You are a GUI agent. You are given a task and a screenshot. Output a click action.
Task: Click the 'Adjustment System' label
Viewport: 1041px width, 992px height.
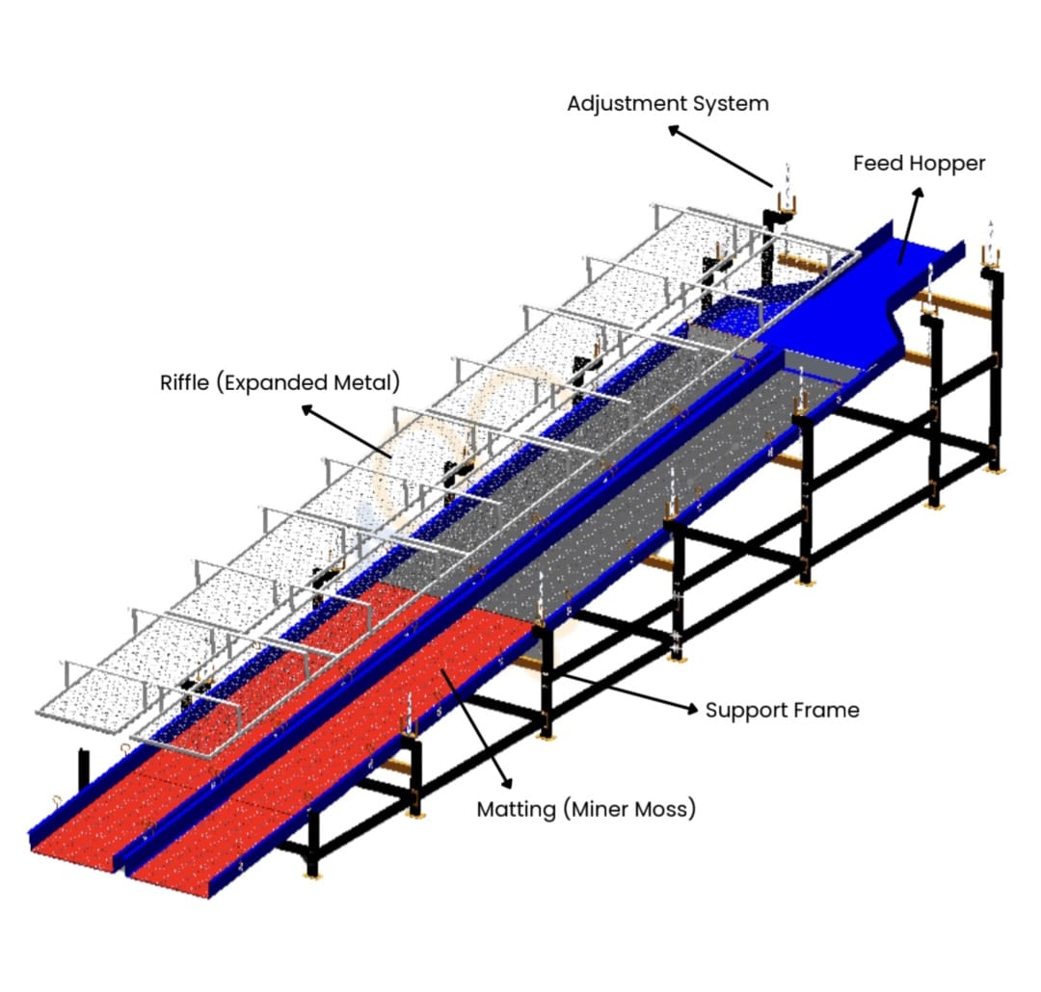coord(668,104)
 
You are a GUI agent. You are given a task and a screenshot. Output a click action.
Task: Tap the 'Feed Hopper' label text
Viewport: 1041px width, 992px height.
coord(919,163)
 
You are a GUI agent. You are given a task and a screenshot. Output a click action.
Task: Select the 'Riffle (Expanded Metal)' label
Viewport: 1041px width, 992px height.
coord(280,383)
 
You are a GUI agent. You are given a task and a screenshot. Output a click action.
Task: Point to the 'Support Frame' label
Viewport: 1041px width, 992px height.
coord(782,711)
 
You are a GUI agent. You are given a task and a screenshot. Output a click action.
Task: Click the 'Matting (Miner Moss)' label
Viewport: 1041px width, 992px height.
coord(586,810)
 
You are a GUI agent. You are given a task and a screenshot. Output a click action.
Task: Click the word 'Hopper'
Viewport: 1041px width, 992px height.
coord(948,164)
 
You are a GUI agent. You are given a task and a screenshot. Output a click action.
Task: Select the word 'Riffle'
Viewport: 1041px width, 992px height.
coord(184,382)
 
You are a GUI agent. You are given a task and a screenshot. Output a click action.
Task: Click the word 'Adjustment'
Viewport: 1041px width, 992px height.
coord(627,104)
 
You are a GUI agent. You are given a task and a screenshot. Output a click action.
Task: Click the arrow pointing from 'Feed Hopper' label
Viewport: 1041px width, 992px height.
coord(911,225)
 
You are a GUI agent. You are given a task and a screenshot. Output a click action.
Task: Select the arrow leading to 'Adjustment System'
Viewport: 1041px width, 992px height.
coord(721,157)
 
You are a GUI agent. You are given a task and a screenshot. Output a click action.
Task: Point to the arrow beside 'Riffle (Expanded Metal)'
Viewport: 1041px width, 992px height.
coord(346,431)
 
